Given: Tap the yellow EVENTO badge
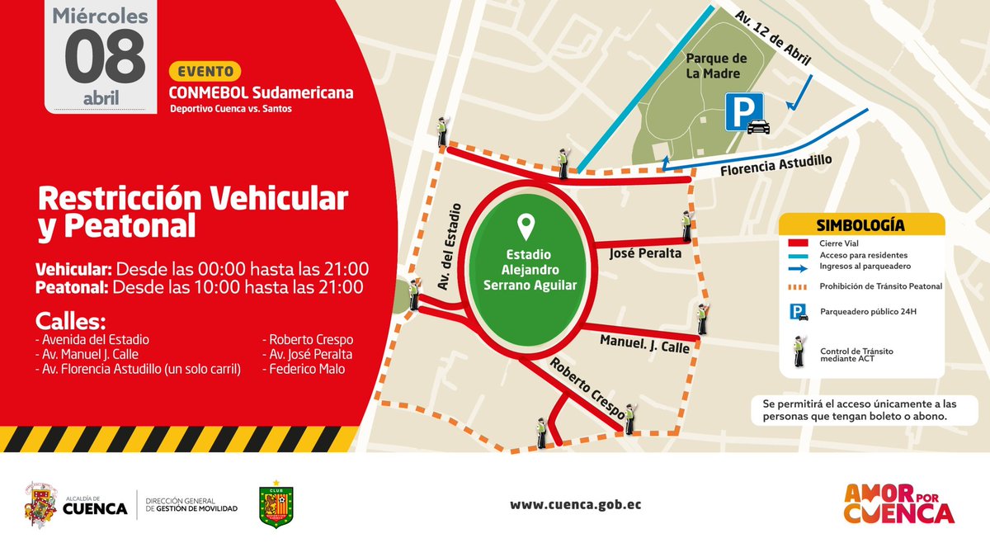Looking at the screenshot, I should click(205, 70).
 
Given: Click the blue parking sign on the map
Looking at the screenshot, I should click(744, 111).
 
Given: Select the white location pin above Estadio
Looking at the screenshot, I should click(524, 224).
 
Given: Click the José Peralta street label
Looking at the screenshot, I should click(645, 253).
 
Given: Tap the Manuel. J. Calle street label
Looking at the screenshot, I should click(643, 344).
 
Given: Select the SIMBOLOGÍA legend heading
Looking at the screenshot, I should click(860, 225).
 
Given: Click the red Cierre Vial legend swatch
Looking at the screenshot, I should click(799, 244).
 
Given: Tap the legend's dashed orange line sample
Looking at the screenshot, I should click(799, 286).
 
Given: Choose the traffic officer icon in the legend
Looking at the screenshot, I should click(799, 352).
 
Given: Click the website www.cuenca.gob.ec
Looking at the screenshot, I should click(575, 505).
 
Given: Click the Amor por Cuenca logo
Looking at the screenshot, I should click(898, 504).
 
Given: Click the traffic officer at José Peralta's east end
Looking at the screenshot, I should click(686, 226).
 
